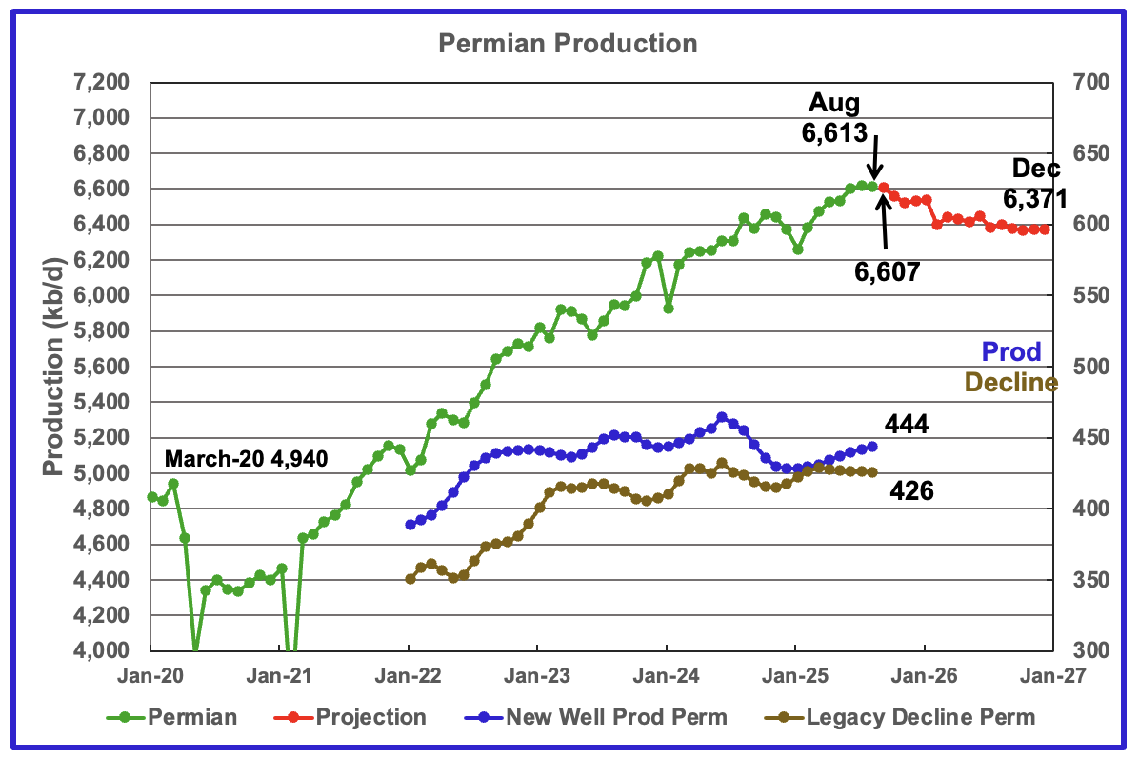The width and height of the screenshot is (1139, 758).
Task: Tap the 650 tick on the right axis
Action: (1085, 154)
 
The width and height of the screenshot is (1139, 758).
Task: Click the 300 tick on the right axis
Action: (1085, 651)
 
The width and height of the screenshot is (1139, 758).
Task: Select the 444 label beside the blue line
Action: (907, 424)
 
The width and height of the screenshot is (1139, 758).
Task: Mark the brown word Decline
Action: (1010, 383)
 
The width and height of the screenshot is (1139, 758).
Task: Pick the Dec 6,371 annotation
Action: (1033, 184)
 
